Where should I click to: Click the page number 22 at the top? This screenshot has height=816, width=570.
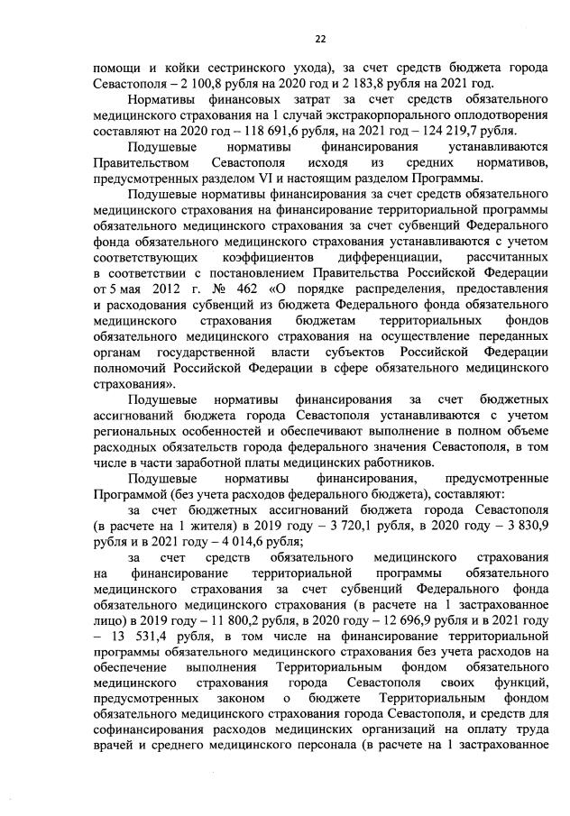(x=319, y=38)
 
